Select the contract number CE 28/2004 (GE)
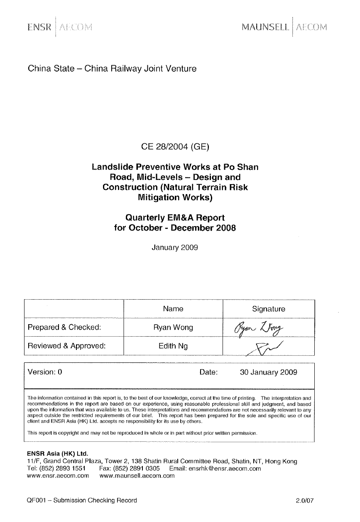click(x=176, y=146)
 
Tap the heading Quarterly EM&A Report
click(x=175, y=217)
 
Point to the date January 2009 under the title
click(x=175, y=248)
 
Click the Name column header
click(x=173, y=309)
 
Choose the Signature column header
click(x=269, y=309)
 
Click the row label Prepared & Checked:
click(x=64, y=327)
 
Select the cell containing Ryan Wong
click(x=173, y=327)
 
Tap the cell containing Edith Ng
click(x=173, y=346)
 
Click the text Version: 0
click(x=45, y=372)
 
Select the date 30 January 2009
click(x=268, y=372)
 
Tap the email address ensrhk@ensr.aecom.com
click(x=225, y=468)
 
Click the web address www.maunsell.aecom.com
click(x=137, y=476)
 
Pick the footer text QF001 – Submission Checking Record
click(x=81, y=500)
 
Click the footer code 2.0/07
click(x=305, y=501)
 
